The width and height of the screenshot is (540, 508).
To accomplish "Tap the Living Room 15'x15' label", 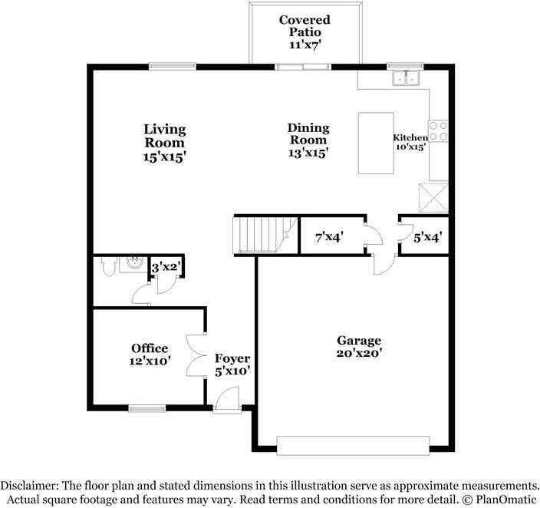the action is pos(165,143).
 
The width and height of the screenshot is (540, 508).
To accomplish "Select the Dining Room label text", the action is pos(308,134).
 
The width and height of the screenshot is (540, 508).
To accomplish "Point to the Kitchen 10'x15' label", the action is pos(410,142).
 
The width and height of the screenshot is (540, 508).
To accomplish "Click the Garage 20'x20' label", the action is pos(359,346).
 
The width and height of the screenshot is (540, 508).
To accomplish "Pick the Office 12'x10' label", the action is pos(150,355).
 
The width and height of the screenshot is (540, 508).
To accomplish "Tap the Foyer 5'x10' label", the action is pos(232,365).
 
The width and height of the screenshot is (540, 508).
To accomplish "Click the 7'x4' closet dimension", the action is pos(329,237).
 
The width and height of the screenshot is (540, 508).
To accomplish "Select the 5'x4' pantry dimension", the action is pos(428,237).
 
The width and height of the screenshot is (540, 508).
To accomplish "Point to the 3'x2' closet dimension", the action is pos(166,267).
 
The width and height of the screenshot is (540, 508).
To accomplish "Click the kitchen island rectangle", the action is pos(376,143).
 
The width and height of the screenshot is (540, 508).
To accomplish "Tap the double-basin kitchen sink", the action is pos(406,78).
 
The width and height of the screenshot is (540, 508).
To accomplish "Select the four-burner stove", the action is pos(439,131).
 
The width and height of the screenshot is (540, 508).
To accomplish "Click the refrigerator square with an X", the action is pos(433,198).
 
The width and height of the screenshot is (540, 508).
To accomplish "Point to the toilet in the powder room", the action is pos(107,266).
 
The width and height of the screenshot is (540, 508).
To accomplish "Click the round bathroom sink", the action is pos(134,263).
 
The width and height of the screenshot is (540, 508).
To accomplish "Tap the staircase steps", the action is pos(265,235).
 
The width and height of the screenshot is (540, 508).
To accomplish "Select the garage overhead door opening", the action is pos(353,446).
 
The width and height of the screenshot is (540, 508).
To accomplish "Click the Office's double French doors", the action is pos(196,355).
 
